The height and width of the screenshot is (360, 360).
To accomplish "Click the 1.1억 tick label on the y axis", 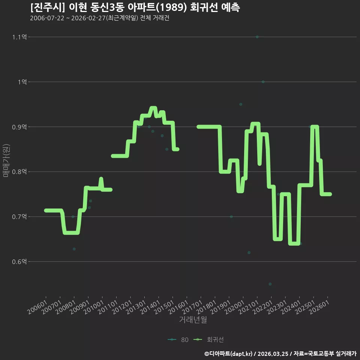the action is pos(19,37).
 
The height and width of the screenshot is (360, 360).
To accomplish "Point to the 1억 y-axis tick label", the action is pos(22,82).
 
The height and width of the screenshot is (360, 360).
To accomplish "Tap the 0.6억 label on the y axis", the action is pos(19,262).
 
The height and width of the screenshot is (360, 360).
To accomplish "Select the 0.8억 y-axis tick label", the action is pos(19,172).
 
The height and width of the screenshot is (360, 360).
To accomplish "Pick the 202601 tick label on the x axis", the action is pos(319,307).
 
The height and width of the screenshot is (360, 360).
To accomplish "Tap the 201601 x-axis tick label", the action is pos(178,307).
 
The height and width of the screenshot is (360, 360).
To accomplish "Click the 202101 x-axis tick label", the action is pos(249,307).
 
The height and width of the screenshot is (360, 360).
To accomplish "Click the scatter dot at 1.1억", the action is pos(257,37).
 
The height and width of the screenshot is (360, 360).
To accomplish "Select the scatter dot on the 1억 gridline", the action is pos(263,82).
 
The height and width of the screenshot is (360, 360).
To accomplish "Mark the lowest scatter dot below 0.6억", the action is pos(270,284).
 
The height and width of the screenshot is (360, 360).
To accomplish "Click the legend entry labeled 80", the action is pos(178,340).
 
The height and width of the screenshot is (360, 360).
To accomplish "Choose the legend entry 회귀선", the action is pos(208,340).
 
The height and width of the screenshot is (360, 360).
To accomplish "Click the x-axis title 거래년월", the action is pos(193,319).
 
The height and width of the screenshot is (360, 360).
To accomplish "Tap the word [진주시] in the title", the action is pos(48,7).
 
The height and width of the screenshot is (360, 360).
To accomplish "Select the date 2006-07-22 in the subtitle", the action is pos(47,18).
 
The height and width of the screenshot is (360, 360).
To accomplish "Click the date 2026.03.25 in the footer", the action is pos(273,354).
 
